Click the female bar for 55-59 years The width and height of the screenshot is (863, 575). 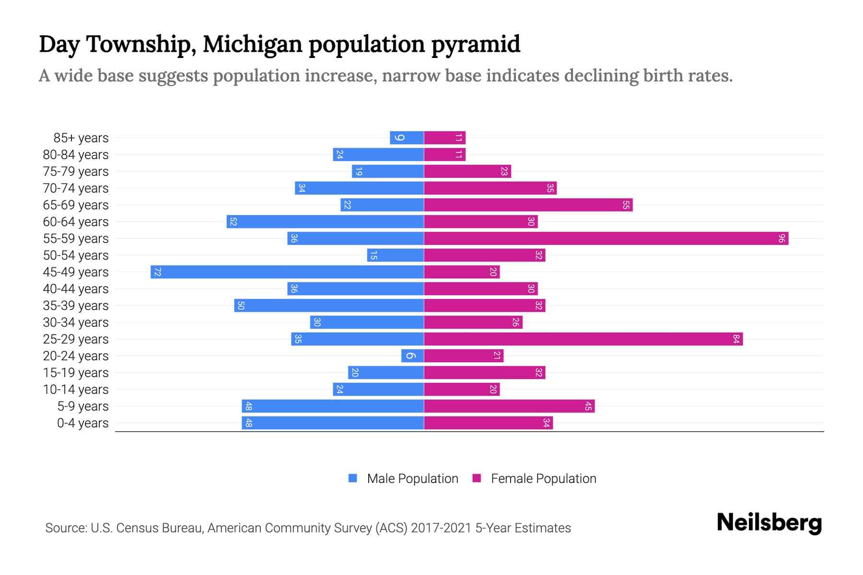coord(606,239)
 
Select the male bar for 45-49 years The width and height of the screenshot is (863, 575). coord(288,272)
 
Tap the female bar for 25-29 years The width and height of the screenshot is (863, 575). coord(583,339)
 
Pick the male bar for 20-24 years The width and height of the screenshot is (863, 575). coord(413,356)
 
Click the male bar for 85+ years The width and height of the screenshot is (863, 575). coord(407,138)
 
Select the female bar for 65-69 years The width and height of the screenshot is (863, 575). coord(528,205)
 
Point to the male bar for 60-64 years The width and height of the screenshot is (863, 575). coord(326,222)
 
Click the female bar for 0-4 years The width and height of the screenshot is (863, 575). coord(489,423)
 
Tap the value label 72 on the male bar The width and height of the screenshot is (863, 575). coord(157,272)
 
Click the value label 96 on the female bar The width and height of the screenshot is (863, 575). coord(781,239)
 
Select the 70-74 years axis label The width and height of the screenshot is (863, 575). coord(76,188)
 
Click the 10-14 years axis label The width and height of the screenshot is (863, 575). coord(76,390)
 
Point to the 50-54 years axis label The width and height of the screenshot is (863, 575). coord(76,255)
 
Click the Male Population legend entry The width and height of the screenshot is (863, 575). coord(403,479)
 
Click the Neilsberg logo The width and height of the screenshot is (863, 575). coord(769,523)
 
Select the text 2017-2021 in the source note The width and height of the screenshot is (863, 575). coord(441,528)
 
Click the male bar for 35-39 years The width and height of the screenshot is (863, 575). coord(329,306)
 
